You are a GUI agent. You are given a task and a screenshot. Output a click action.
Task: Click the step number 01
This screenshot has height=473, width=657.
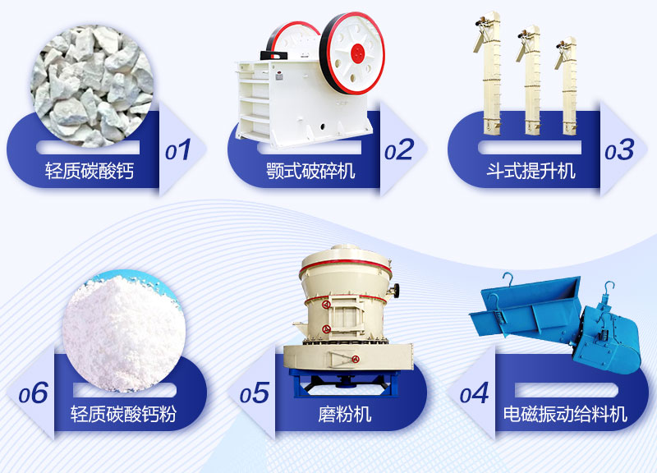pyautogui.click(x=178, y=150)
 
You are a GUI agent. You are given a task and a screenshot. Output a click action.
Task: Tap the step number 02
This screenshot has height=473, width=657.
pyautogui.click(x=399, y=150)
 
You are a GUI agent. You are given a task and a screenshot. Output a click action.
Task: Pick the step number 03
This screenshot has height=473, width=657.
pyautogui.click(x=619, y=150)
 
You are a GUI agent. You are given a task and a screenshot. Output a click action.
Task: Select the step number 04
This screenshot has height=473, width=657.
pyautogui.click(x=475, y=393)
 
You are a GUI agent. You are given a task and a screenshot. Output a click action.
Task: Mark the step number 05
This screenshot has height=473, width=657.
pyautogui.click(x=255, y=393)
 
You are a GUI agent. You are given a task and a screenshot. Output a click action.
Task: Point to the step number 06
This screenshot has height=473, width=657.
pyautogui.click(x=34, y=393)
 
